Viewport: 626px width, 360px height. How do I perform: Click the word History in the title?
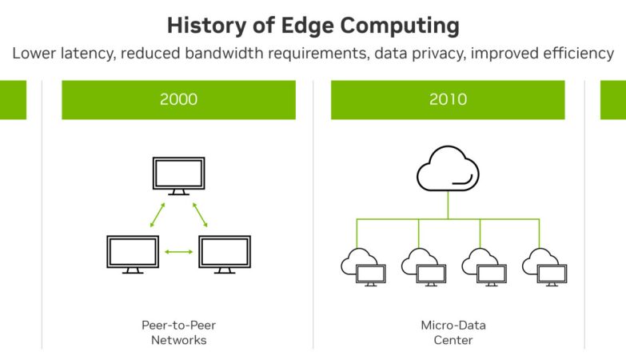coord(207,26)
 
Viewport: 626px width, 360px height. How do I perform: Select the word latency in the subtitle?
coord(88,53)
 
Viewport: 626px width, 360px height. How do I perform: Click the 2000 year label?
coord(178,99)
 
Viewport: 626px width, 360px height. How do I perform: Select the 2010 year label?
coord(448,99)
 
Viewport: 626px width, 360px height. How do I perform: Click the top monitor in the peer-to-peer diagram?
coord(179,176)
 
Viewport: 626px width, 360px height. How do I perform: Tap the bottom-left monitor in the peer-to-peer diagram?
coord(133,254)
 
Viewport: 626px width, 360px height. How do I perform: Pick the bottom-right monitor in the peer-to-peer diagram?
coord(225,254)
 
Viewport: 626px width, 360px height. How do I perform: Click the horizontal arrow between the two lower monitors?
coord(179,252)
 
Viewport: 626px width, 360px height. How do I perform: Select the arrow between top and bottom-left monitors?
coord(157,215)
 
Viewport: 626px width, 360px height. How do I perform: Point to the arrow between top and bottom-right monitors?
coord(200,215)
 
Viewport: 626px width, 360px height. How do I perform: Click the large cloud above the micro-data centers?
coord(448,168)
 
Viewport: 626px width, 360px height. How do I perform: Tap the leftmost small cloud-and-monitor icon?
coord(363,267)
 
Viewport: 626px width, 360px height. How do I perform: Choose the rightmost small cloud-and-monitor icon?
coord(544,267)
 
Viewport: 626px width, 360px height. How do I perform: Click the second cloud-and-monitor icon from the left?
coord(424,267)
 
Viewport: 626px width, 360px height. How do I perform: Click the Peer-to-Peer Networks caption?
coord(179,333)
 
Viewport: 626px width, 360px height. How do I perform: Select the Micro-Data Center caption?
coord(453,333)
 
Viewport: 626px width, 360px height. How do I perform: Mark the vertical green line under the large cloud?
coord(448,205)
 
